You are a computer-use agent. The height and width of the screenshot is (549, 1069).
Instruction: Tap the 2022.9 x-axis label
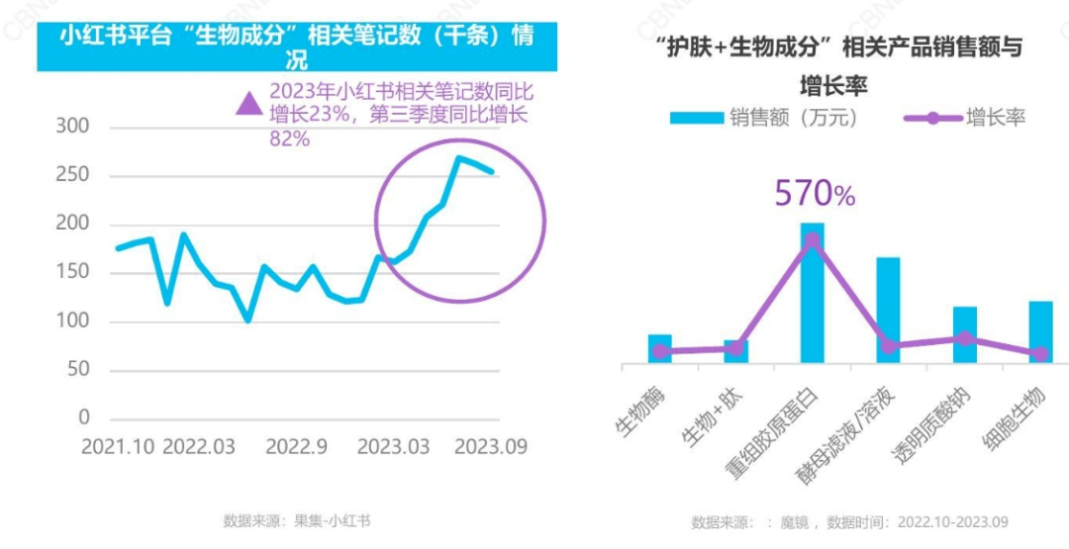pos(296,446)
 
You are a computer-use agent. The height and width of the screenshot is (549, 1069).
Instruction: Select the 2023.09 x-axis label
pos(490,446)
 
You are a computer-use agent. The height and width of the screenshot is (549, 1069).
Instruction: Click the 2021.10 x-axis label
pos(118,446)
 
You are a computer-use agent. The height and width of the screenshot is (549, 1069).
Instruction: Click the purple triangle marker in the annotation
pos(247,102)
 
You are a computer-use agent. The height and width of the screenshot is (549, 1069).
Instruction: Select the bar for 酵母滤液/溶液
pos(888,310)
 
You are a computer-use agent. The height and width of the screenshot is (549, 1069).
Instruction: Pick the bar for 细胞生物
pos(1040,331)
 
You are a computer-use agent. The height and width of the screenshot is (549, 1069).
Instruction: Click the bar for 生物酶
pos(660,348)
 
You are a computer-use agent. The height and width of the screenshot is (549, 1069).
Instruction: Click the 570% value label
pos(814,194)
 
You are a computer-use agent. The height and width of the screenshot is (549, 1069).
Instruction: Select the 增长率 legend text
pos(996,118)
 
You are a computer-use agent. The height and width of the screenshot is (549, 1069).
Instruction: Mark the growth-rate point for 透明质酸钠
pos(964,338)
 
